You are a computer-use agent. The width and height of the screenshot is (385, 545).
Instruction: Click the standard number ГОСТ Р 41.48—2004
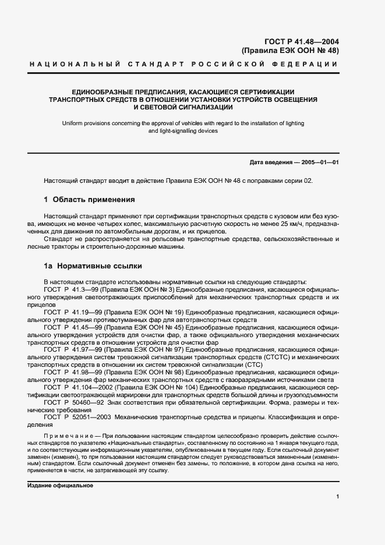302,41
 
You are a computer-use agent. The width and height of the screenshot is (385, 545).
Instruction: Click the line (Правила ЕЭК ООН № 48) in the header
290,51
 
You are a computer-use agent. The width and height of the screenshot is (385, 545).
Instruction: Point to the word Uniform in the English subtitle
73,123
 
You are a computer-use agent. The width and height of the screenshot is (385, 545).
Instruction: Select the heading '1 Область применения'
89,199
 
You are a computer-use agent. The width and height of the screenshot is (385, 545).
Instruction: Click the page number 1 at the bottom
337,496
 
